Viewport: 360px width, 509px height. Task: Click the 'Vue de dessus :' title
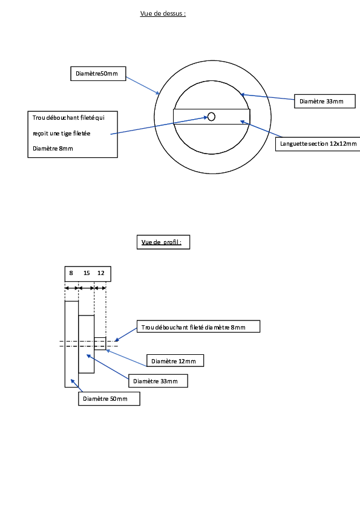(x=163, y=14)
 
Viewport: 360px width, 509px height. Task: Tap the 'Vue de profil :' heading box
(x=163, y=242)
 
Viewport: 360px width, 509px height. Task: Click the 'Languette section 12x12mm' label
(x=318, y=144)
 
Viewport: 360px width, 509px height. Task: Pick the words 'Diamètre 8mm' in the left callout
(x=53, y=149)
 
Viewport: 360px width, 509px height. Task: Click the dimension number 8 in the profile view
(x=71, y=273)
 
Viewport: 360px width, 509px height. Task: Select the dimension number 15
(x=87, y=273)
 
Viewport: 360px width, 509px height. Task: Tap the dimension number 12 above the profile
(x=101, y=273)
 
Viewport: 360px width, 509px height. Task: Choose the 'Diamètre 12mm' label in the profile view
(x=175, y=361)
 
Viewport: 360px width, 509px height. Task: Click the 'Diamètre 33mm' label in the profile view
(x=159, y=381)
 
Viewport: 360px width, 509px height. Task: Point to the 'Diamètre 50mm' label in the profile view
(x=109, y=398)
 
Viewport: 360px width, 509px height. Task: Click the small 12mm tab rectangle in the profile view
(x=100, y=343)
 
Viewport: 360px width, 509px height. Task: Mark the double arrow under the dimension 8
(x=71, y=288)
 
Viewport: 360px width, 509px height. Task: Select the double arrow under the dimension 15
(x=87, y=288)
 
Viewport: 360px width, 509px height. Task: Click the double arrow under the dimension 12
(x=100, y=288)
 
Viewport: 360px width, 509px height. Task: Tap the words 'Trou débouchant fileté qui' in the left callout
(x=68, y=118)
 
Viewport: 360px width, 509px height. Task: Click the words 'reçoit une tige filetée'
(x=61, y=134)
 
